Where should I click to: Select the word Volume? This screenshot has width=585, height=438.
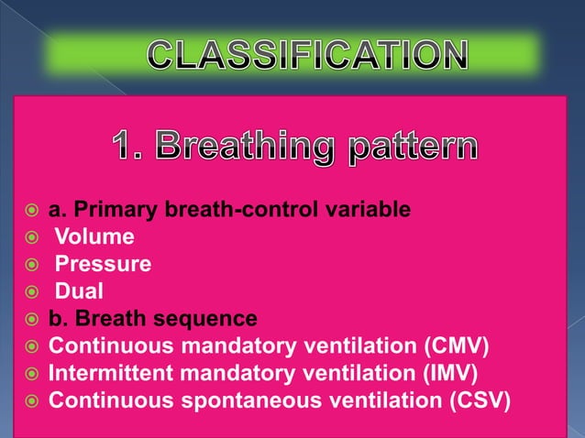coord(94,238)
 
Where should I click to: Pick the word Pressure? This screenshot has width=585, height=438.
coord(104,265)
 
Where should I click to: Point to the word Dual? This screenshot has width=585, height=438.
coord(80,292)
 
